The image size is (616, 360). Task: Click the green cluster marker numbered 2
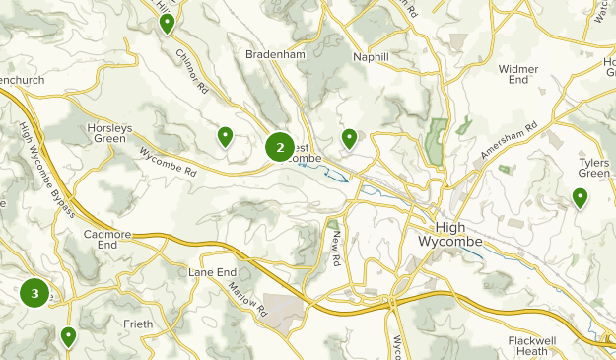pyautogui.click(x=280, y=148)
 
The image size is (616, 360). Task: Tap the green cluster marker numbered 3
pyautogui.click(x=34, y=293)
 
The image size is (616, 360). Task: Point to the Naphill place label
pyautogui.click(x=371, y=57)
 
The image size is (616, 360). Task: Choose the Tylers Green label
pyautogui.click(x=594, y=167)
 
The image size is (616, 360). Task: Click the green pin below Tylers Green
pyautogui.click(x=581, y=198)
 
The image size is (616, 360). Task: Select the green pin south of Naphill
pyautogui.click(x=349, y=137)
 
